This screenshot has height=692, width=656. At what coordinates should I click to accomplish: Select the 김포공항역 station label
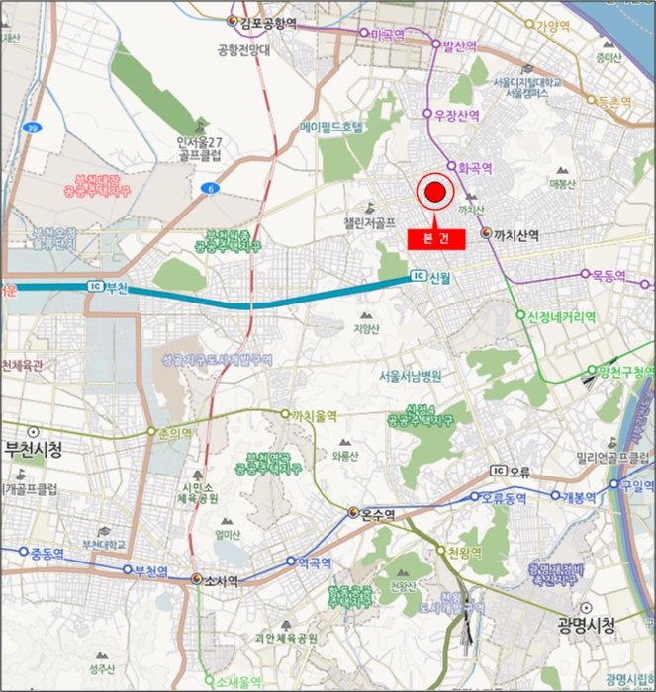[x=262, y=21]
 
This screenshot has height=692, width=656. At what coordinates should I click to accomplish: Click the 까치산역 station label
[x=515, y=235]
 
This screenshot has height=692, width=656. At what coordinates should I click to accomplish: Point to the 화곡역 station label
[x=475, y=167]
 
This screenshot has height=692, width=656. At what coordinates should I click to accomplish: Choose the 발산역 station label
[x=460, y=45]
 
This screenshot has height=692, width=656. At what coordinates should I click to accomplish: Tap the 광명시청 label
[x=586, y=626]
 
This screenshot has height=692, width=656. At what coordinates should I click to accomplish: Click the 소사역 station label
[x=220, y=581]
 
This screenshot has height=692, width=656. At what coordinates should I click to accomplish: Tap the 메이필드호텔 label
[x=333, y=128]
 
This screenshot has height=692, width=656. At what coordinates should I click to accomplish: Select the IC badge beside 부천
[x=96, y=286]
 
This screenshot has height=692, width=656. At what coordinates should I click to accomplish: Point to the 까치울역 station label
[x=314, y=416]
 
